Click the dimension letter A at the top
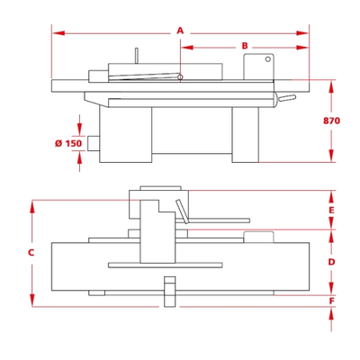(180, 31)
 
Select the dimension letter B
(245, 46)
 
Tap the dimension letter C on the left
(31, 253)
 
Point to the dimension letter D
(331, 262)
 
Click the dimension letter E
(331, 210)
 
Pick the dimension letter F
(331, 301)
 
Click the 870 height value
(331, 121)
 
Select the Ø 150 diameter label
(68, 143)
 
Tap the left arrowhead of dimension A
(58, 33)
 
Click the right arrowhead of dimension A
(302, 33)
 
